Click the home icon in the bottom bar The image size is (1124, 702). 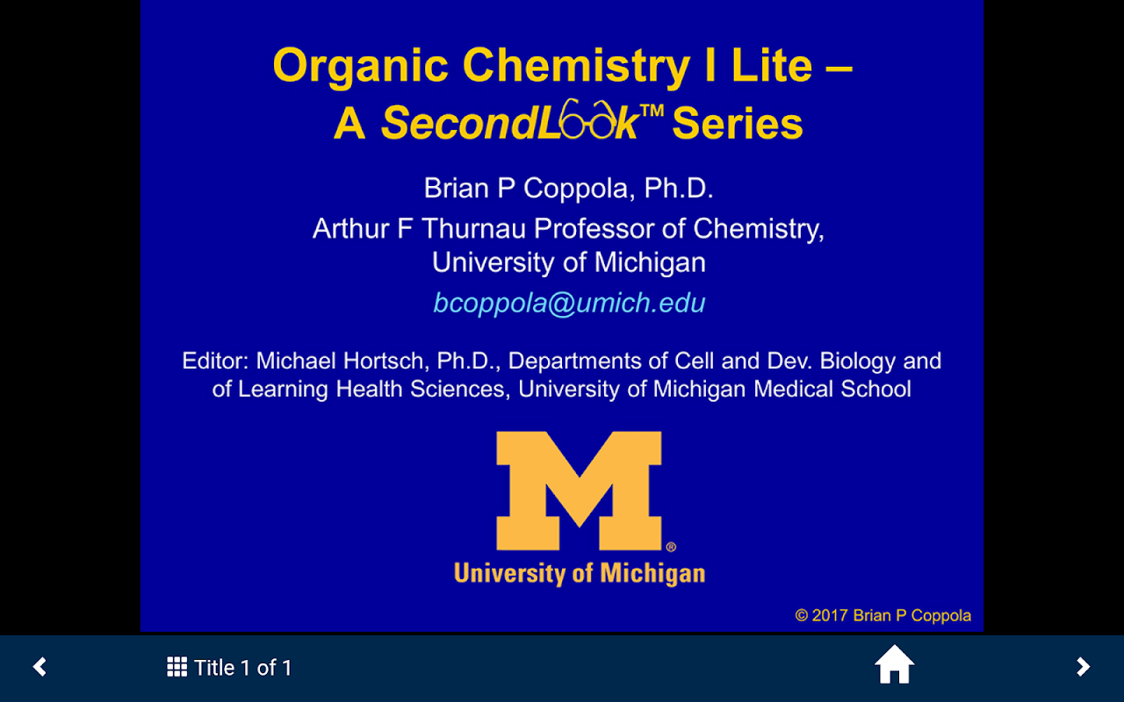pyautogui.click(x=894, y=665)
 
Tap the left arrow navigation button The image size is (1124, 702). pyautogui.click(x=40, y=667)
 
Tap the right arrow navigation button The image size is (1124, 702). pyautogui.click(x=1083, y=667)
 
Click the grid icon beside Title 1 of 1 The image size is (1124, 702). pyautogui.click(x=177, y=667)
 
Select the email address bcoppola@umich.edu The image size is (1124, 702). pyautogui.click(x=569, y=304)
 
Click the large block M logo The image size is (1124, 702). pyautogui.click(x=579, y=491)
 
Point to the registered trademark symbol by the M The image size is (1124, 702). pyautogui.click(x=671, y=547)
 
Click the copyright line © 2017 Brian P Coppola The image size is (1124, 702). pyautogui.click(x=883, y=615)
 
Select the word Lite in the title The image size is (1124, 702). pyautogui.click(x=772, y=66)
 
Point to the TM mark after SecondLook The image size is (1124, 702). pyautogui.click(x=652, y=111)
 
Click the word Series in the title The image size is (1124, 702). pyautogui.click(x=738, y=124)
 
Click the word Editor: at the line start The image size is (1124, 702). pyautogui.click(x=215, y=361)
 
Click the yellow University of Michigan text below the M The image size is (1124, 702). pyautogui.click(x=580, y=574)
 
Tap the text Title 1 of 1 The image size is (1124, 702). pyautogui.click(x=243, y=668)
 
